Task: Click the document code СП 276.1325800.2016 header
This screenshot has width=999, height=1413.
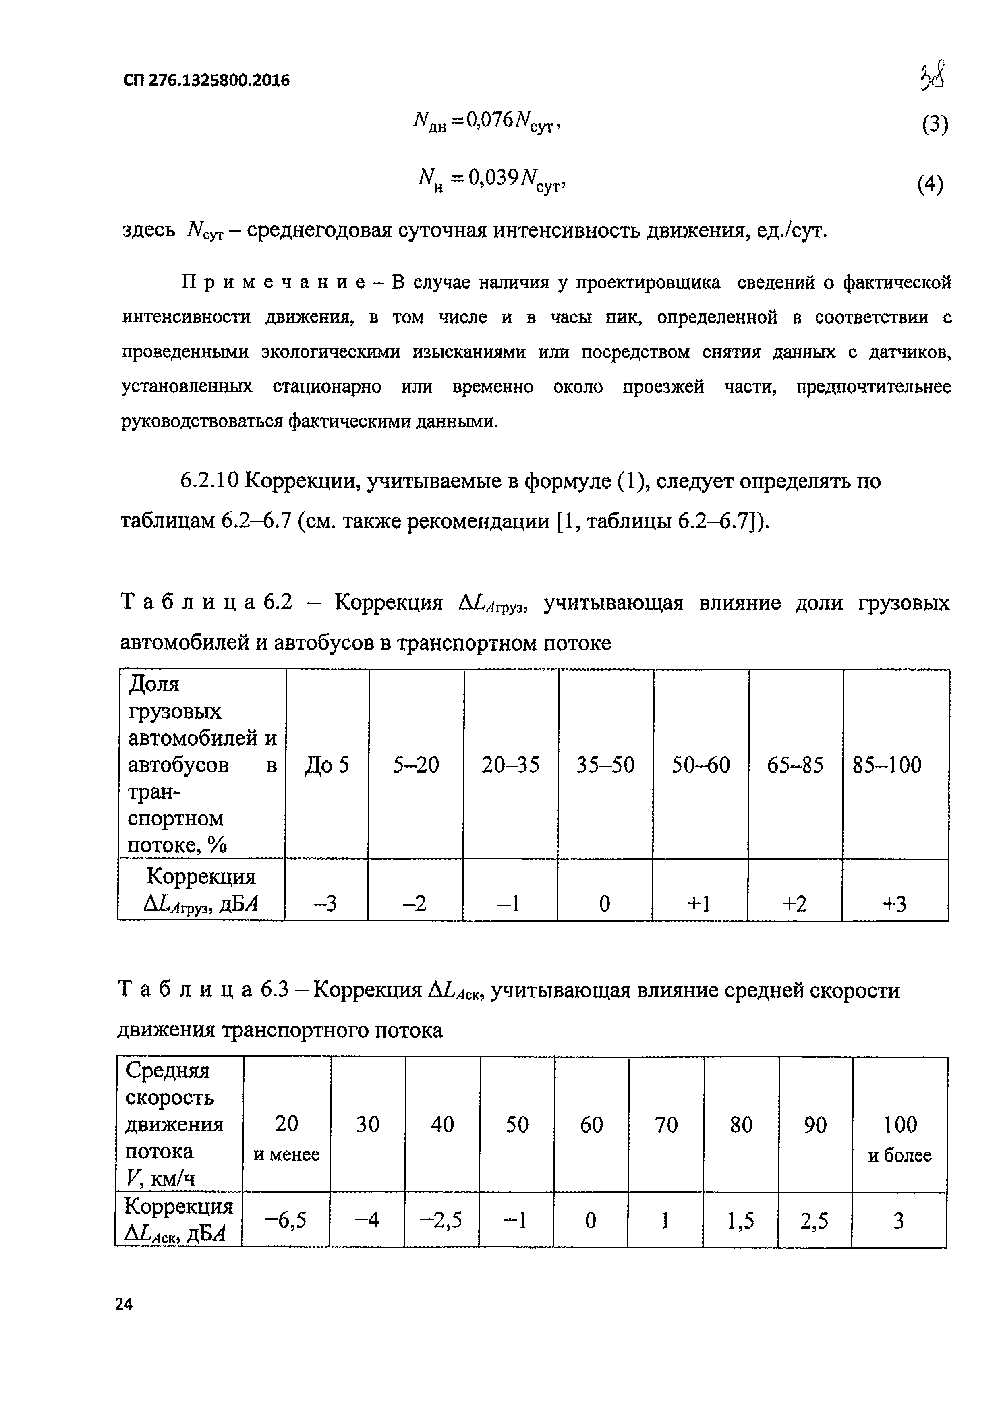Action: coord(206,81)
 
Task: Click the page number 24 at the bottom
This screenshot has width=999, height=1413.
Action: coord(124,1304)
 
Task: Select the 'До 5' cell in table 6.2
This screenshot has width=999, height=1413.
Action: coord(327,765)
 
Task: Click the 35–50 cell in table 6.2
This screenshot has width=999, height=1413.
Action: coord(605,765)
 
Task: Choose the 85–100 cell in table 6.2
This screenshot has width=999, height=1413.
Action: coord(887,765)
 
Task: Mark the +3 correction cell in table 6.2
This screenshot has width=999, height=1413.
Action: coord(894,904)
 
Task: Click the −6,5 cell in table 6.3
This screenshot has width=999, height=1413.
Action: coord(286,1220)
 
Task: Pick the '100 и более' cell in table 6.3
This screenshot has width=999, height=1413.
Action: coord(900,1139)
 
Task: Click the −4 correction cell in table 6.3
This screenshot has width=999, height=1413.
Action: coord(367,1220)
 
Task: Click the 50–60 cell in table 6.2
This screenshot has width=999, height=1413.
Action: coord(701,765)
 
